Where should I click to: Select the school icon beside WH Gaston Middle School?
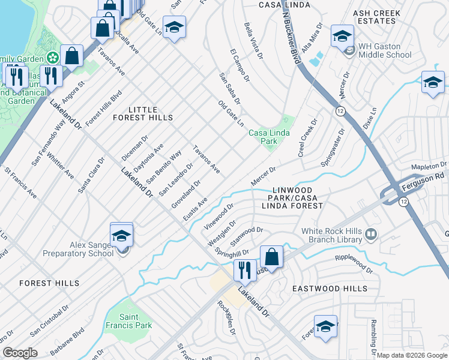(x=342, y=37)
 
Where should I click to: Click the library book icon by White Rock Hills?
(x=370, y=233)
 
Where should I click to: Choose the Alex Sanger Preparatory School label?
(x=78, y=249)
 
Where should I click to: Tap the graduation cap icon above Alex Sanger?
(x=121, y=235)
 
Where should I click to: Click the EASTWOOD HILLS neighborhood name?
(x=330, y=289)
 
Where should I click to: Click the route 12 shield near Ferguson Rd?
(x=400, y=203)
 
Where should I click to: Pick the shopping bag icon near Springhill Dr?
(x=271, y=257)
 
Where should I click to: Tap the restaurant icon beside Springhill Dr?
(x=245, y=271)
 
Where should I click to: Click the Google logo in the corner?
(x=20, y=353)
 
